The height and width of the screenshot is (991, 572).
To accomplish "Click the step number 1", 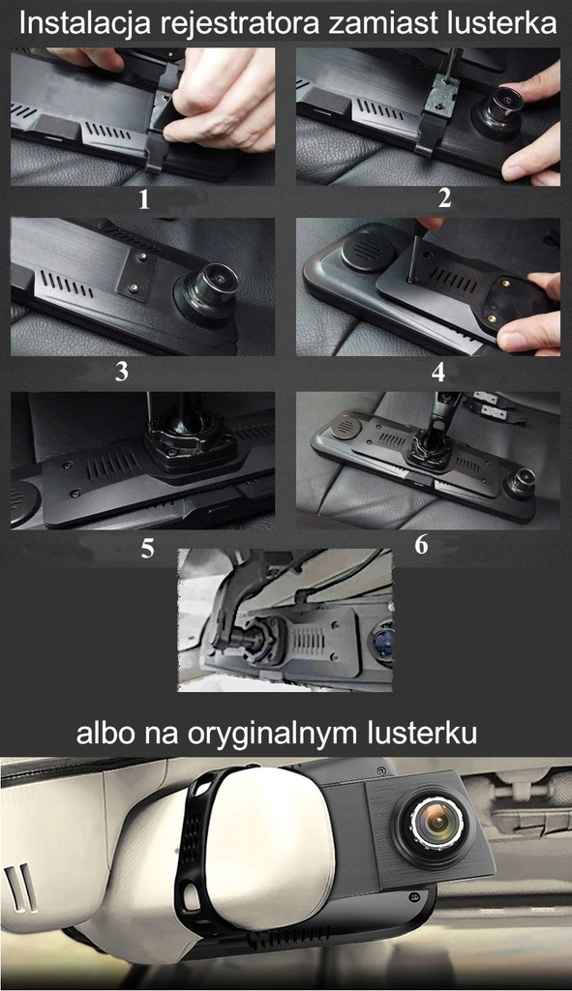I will (x=143, y=200).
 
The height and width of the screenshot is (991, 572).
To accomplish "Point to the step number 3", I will (x=121, y=372).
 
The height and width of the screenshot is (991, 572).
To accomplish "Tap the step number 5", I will (x=146, y=548).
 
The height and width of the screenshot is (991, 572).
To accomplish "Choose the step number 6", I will (x=421, y=544).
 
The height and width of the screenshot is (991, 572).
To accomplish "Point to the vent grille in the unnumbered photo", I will (x=310, y=642).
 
